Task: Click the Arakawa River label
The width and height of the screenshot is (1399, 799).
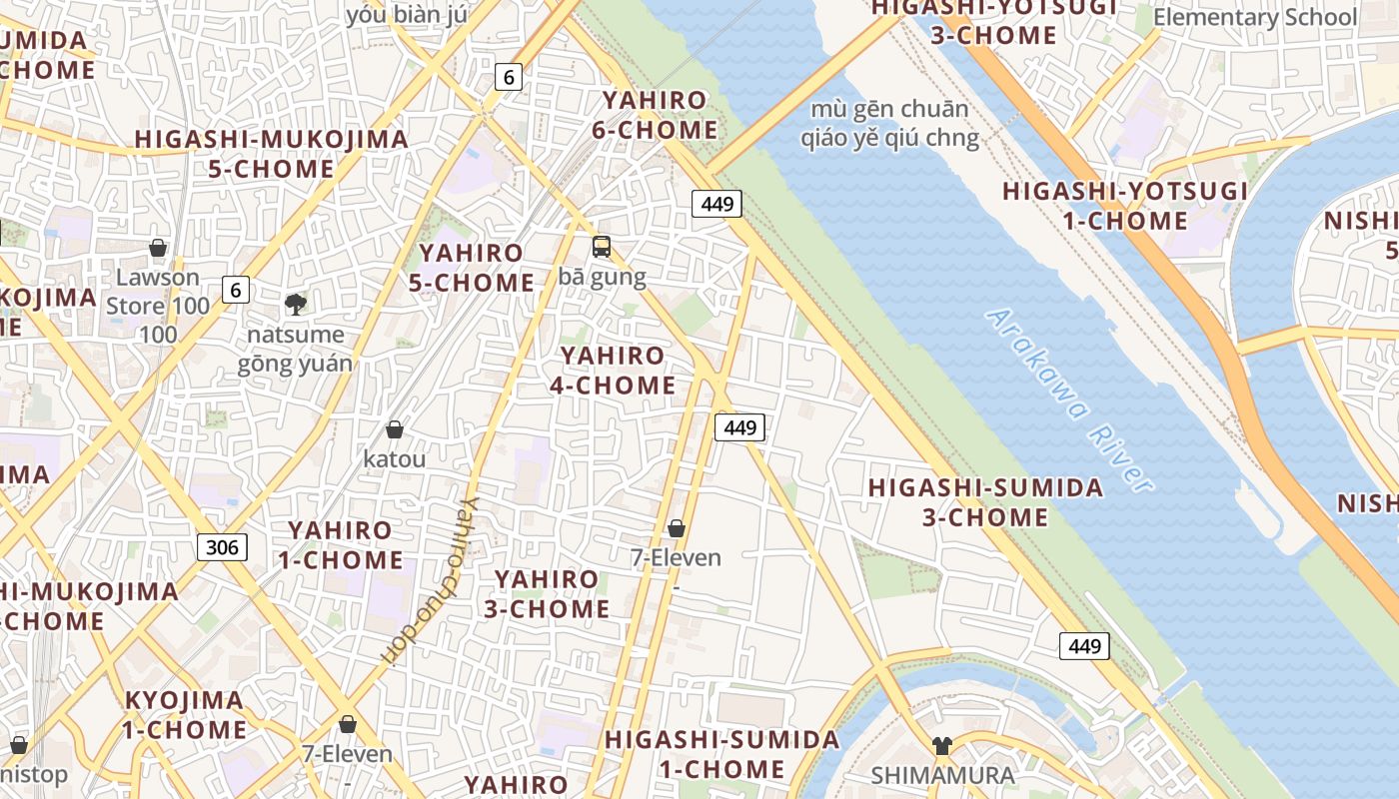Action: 1069,399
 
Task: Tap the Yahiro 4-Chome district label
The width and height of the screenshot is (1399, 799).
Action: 613,371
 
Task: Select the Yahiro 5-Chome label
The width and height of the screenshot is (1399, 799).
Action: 471,268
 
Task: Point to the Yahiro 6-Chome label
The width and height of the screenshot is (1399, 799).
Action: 659,115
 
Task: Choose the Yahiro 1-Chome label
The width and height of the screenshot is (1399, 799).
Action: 340,544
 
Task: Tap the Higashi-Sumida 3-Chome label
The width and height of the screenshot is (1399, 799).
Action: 985,502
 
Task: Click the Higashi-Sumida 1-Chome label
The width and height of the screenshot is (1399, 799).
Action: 722,754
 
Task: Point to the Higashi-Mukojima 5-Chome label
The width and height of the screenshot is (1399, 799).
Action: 272,153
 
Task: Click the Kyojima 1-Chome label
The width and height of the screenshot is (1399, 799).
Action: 185,714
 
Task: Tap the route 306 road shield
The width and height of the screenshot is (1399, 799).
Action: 222,546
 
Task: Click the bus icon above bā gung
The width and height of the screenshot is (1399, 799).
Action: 602,246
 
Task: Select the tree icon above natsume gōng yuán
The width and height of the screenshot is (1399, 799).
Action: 295,304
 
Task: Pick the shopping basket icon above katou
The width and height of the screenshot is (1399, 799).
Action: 395,429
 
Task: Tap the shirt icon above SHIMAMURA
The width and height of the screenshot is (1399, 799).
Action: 941,745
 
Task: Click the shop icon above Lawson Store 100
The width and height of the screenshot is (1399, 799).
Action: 157,248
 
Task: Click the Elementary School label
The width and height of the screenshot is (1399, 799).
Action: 1255,17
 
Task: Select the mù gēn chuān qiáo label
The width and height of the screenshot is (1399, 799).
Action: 889,123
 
